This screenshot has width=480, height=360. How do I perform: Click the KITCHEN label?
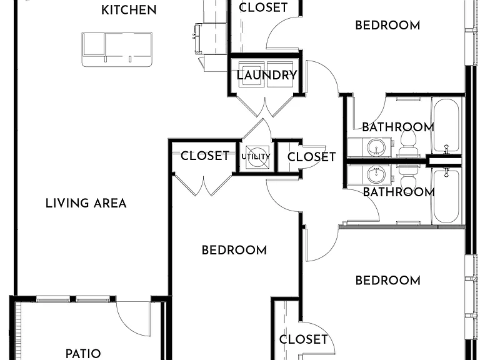(x=129, y=10)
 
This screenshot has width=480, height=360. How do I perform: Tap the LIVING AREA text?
(x=86, y=204)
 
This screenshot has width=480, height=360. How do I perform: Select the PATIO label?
(x=83, y=354)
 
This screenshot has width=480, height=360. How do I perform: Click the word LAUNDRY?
(x=267, y=75)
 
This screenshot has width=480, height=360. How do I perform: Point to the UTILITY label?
(x=256, y=156)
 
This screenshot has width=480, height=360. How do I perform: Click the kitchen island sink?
(x=117, y=49)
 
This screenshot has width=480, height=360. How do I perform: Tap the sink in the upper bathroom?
(x=376, y=147)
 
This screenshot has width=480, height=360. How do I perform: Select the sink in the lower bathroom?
(x=376, y=175)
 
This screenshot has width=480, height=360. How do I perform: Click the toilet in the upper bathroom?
(x=408, y=143)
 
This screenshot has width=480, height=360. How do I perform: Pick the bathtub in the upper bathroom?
(x=446, y=126)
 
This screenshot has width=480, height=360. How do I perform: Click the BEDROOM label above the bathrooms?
(x=387, y=26)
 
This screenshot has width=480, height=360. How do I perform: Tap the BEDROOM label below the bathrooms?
(x=388, y=281)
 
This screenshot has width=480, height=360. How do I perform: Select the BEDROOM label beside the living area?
(x=234, y=251)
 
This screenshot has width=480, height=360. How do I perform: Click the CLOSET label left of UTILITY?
(x=205, y=156)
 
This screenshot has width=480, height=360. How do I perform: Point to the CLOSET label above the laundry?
(x=263, y=7)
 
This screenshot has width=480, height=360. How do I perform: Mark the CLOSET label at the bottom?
(x=303, y=339)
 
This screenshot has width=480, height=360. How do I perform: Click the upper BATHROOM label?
(x=398, y=127)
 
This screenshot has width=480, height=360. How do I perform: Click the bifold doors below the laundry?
(x=265, y=106)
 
